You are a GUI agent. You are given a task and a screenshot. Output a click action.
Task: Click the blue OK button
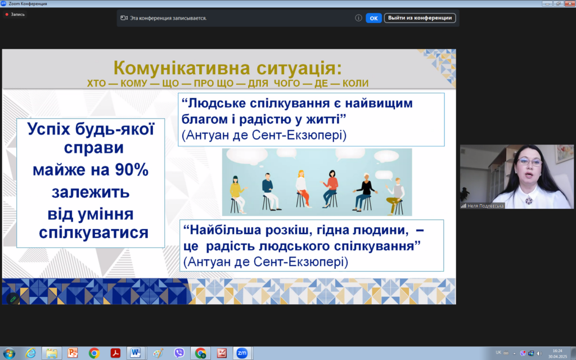click(373, 18)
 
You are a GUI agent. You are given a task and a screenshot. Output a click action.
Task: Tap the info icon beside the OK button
click(358, 18)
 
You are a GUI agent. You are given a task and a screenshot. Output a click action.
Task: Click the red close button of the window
click(570, 3)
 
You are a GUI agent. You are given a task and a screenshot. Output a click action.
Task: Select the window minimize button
click(547, 3)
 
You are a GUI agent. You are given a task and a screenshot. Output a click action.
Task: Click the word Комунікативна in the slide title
click(182, 68)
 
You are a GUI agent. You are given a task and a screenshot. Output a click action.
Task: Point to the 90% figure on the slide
click(132, 170)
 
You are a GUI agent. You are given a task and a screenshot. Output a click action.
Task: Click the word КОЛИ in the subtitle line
click(355, 83)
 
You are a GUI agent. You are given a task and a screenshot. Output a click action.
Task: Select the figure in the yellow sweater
click(237, 194)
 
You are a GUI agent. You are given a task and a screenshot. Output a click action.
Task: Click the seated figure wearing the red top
click(330, 188)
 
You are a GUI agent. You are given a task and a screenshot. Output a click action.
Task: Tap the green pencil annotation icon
click(13, 299)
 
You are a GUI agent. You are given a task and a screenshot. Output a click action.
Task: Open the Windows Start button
click(8, 353)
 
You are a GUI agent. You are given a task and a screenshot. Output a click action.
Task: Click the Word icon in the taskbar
click(136, 353)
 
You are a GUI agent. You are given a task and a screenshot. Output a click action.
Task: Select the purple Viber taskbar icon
click(179, 353)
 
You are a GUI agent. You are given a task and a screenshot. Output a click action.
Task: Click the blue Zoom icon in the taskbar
click(242, 353)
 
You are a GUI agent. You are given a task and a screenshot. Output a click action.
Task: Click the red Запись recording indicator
click(15, 14)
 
